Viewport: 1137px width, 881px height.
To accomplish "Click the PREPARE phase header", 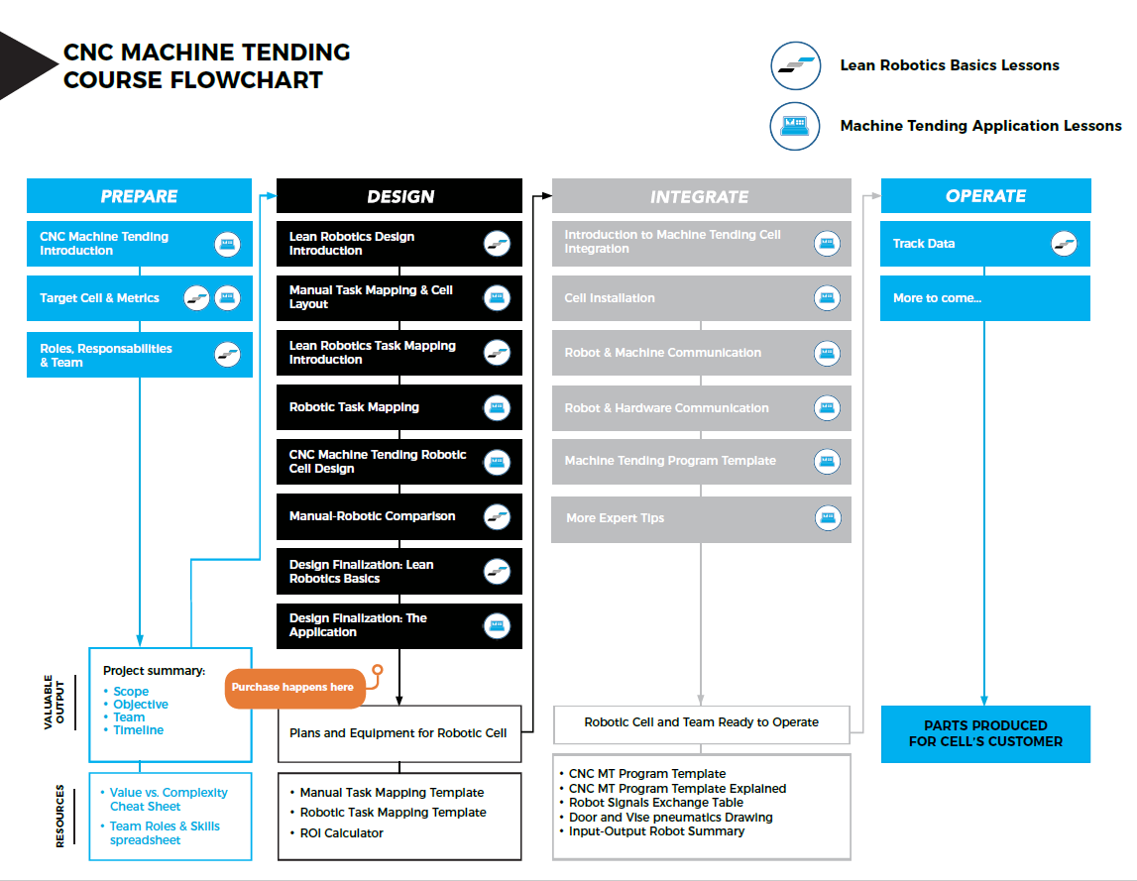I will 139,196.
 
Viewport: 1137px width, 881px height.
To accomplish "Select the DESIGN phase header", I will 399,196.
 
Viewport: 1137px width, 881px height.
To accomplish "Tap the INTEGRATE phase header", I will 700,196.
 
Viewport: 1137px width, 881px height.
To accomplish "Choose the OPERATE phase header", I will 985,196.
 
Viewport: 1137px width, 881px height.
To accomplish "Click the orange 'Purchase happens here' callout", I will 292,687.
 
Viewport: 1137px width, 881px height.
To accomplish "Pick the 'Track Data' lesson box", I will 984,244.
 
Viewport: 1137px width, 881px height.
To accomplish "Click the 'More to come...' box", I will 984,298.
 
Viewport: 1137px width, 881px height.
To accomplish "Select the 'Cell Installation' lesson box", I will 701,298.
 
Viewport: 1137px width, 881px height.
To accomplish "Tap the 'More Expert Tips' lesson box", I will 701,518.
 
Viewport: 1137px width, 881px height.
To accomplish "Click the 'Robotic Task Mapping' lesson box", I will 398,407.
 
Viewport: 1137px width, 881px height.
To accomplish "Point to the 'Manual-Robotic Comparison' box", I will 398,516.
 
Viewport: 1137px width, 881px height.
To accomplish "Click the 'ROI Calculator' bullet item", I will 341,833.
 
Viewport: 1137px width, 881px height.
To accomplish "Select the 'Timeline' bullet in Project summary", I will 138,730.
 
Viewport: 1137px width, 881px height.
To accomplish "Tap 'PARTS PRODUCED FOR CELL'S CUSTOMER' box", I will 985,733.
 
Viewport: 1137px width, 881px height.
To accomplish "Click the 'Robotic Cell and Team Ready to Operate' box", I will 701,723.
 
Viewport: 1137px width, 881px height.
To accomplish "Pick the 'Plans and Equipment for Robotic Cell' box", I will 398,733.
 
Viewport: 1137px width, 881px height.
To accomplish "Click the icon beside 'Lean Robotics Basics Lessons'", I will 795,66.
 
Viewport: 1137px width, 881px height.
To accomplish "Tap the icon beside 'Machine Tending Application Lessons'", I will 795,126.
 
